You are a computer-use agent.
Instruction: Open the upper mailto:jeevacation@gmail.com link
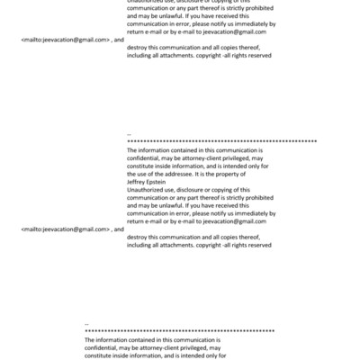pyautogui.click(x=65, y=40)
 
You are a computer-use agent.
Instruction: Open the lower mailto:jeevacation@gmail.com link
pyautogui.click(x=65, y=229)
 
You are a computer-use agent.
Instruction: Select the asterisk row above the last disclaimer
pyautogui.click(x=179, y=331)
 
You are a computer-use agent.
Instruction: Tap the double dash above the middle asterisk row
pyautogui.click(x=130, y=134)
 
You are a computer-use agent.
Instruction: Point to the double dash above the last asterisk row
pyautogui.click(x=86, y=323)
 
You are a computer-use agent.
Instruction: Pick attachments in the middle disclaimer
pyautogui.click(x=181, y=244)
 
